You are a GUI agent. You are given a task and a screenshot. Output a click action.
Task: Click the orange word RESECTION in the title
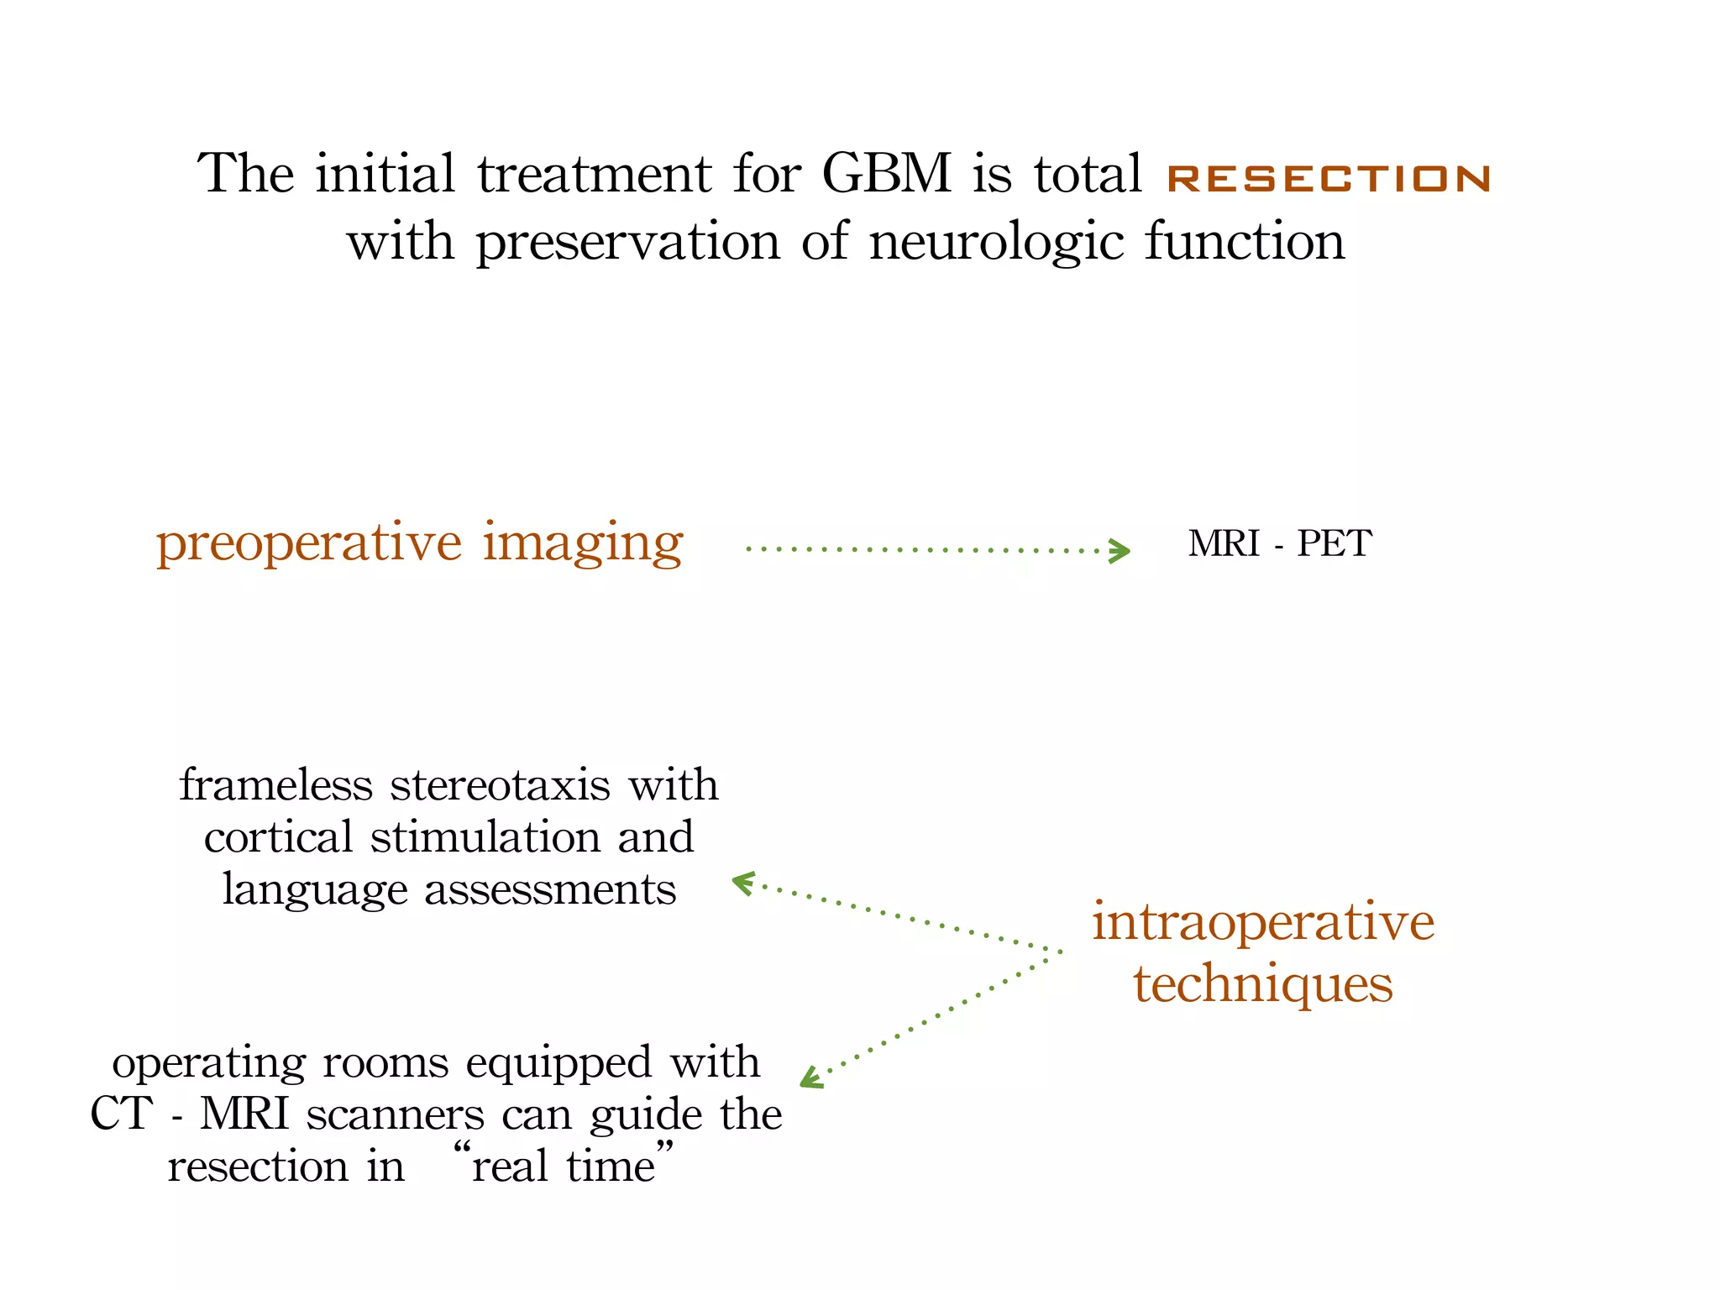point(1329,178)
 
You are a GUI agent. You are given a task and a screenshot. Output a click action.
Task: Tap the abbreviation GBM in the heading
point(886,174)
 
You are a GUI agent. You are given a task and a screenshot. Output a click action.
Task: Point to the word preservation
point(628,243)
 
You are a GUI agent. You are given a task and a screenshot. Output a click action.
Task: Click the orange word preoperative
point(308,543)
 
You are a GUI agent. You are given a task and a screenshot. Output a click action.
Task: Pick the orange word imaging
point(583,543)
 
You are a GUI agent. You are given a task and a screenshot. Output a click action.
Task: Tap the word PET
point(1335,543)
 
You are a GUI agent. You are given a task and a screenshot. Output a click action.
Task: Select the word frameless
point(275,785)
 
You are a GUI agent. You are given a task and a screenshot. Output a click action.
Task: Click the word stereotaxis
point(500,785)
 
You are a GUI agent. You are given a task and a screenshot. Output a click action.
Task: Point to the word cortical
point(278,837)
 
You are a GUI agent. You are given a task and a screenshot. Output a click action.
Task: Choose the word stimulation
point(485,837)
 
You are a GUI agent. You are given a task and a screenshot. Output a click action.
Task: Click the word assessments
point(550,889)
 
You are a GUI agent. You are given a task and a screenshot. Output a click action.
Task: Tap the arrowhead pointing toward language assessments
point(742,882)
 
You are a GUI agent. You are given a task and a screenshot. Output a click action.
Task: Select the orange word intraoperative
point(1263,922)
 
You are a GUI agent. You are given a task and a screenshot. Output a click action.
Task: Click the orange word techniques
point(1263,983)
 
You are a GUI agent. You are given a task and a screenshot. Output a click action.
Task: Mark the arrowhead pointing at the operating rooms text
point(810,1078)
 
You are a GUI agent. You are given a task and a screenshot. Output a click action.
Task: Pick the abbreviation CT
point(121,1114)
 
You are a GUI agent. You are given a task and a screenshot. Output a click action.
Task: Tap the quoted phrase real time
point(563,1167)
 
